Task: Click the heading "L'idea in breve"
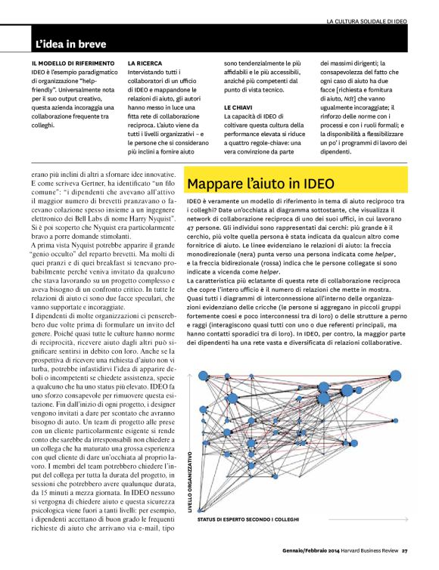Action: click(74, 44)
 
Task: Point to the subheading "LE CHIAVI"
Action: click(238, 108)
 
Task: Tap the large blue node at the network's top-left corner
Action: click(203, 375)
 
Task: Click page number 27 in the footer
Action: click(405, 550)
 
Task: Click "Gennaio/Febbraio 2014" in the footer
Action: click(301, 550)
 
